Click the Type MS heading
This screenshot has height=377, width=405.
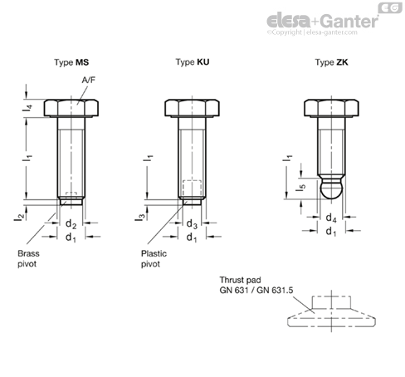[x=71, y=62]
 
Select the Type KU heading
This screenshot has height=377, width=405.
[x=193, y=62]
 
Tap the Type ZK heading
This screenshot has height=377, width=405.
[x=331, y=62]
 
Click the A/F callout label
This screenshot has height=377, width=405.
[x=89, y=80]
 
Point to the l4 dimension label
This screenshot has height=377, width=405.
[x=27, y=108]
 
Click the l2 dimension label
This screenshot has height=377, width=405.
[x=19, y=217]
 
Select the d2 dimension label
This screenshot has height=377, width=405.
[x=71, y=223]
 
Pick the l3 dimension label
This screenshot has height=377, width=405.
[x=139, y=217]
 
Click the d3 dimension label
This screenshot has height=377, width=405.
[x=192, y=223]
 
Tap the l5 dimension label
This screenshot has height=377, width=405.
[x=300, y=188]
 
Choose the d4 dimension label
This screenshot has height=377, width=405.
[x=331, y=218]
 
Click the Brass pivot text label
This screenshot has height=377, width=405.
[x=28, y=258]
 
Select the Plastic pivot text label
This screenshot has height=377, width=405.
[x=154, y=258]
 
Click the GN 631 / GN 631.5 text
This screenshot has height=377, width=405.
[x=256, y=290]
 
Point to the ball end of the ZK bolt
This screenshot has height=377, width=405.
[x=331, y=188]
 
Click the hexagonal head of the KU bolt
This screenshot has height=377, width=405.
[x=192, y=108]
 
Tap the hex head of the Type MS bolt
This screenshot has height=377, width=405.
[x=71, y=108]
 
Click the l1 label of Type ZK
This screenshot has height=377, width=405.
[x=287, y=159]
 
